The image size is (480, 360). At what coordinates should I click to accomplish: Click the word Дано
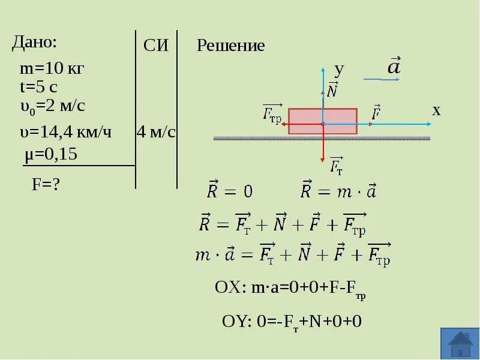tap(34, 43)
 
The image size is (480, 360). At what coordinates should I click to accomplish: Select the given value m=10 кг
tap(52, 69)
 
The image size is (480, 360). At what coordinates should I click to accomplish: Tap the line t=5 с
tap(38, 88)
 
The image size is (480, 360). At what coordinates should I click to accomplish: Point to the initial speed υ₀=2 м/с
tap(52, 106)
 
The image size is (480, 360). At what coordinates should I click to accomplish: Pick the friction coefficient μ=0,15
tap(51, 155)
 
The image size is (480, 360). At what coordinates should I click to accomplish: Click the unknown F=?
tap(46, 185)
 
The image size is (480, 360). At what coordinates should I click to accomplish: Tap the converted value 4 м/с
tap(156, 132)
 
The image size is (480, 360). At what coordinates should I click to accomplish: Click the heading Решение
tap(231, 46)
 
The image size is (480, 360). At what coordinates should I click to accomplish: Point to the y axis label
tap(339, 69)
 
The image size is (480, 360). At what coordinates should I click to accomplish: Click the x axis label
tap(436, 110)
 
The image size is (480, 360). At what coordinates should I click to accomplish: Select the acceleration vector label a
tap(394, 67)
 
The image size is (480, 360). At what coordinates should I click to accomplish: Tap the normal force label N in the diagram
tap(332, 91)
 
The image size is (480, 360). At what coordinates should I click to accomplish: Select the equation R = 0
tap(230, 191)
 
